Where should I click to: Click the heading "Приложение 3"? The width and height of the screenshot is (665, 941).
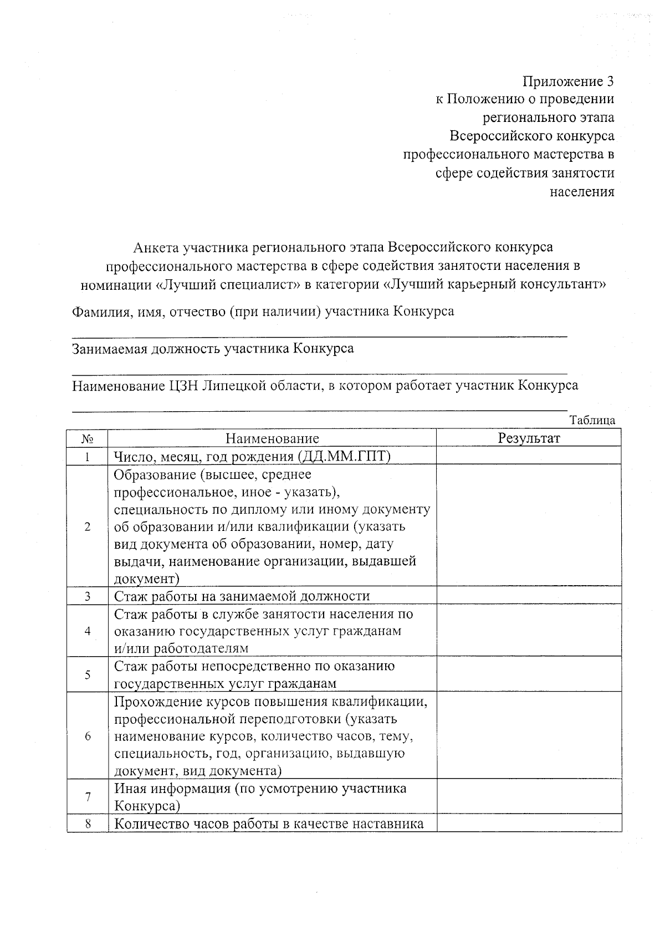click(569, 82)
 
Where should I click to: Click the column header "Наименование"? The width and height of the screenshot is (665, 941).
click(272, 439)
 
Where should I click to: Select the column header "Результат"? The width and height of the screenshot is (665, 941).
click(529, 438)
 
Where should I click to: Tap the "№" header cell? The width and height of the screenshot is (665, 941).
click(87, 439)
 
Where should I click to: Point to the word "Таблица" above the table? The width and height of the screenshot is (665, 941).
click(592, 420)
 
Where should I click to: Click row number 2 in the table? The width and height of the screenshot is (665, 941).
click(87, 526)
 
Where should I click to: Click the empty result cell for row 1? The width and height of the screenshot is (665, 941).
click(529, 456)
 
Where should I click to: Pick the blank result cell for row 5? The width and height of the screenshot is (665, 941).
click(529, 674)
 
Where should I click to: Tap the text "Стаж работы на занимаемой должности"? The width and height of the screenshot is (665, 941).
click(242, 596)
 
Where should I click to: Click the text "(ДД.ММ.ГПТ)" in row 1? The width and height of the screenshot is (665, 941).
click(344, 456)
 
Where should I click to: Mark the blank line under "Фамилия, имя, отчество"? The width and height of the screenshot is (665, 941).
click(319, 335)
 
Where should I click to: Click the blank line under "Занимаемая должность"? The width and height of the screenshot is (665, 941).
click(319, 372)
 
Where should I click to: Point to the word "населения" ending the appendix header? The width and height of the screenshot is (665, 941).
click(582, 192)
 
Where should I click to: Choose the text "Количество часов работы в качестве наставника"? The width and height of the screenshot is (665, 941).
click(269, 824)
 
